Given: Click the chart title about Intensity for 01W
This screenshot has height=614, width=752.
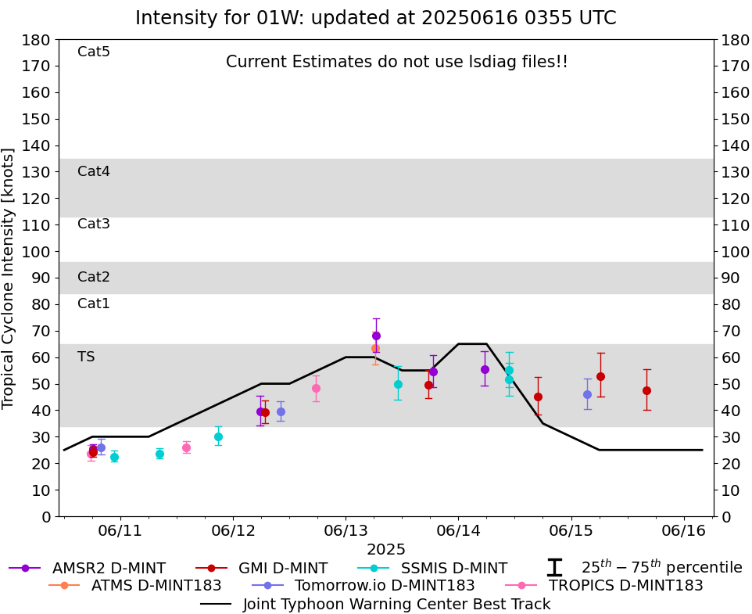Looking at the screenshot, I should click(x=375, y=18).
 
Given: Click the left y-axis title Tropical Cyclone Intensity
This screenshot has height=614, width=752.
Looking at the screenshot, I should click(x=9, y=278).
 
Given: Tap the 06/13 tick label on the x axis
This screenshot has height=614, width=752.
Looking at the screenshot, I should click(x=346, y=530).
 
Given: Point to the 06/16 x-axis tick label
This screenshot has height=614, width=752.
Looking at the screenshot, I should click(x=684, y=530).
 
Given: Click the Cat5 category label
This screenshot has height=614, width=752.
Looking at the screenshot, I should click(x=94, y=52).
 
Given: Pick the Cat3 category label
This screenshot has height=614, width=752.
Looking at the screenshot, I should click(x=94, y=224).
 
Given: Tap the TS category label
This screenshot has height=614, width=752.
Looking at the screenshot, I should click(x=86, y=357).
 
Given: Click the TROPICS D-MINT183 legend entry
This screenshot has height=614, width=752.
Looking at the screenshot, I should click(x=625, y=585).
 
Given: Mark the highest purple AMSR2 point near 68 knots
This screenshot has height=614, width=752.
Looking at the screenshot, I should click(x=376, y=336).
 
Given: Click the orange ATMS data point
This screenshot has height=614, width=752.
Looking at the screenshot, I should click(x=375, y=348).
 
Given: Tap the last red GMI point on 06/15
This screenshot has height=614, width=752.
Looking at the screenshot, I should click(x=646, y=390).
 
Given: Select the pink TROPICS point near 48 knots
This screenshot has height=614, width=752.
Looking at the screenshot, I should click(x=316, y=388).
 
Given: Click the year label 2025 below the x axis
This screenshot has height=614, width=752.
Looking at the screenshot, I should click(x=385, y=549).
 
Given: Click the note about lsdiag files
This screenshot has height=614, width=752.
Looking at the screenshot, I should click(x=396, y=62).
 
